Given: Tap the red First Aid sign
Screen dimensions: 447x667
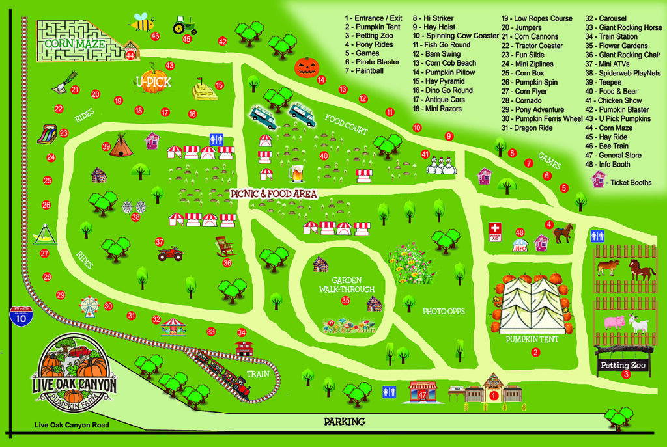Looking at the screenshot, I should [496, 231].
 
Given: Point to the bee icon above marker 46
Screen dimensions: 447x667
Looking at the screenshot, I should [141, 21].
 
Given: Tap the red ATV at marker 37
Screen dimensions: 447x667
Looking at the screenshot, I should [171, 252].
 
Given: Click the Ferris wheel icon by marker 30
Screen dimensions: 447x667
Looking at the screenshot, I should [88, 305].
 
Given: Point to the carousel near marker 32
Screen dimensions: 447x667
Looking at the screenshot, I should [173, 324].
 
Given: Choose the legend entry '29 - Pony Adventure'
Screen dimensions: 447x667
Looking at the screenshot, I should [532, 110].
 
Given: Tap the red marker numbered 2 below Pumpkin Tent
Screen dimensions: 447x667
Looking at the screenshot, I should [535, 353].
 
